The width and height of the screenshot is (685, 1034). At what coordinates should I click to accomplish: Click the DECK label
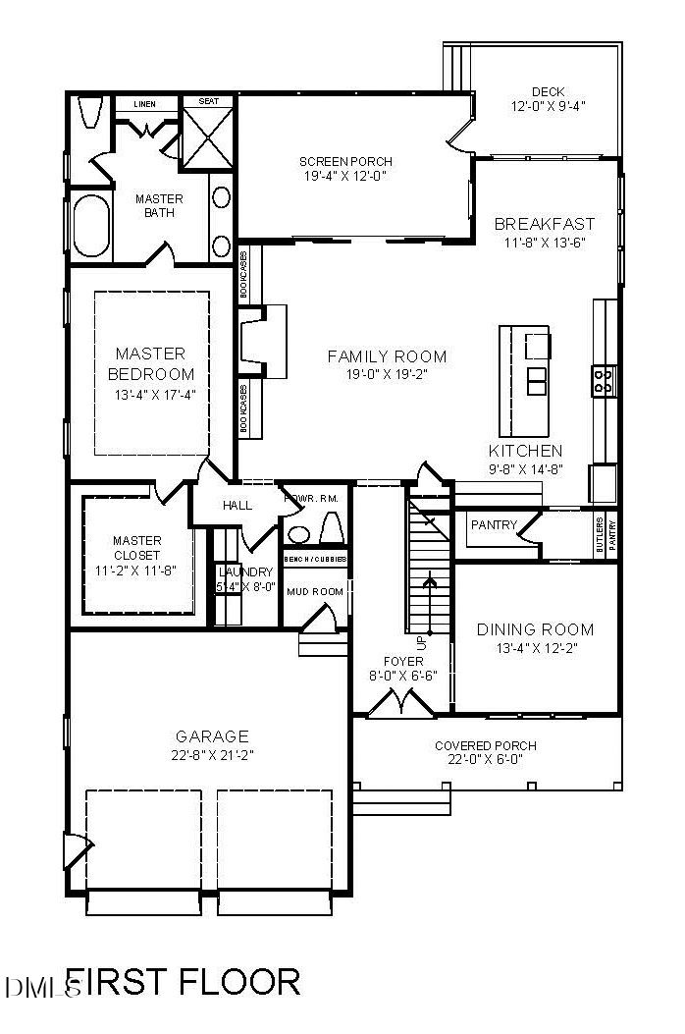pos(548,91)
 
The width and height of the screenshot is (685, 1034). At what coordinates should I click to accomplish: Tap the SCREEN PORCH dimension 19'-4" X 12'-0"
pos(345,177)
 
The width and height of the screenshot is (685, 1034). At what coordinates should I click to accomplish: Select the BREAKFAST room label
pos(544,224)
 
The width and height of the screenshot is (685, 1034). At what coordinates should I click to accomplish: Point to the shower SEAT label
pos(208,101)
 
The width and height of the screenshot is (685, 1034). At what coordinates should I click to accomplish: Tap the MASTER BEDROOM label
pos(150,363)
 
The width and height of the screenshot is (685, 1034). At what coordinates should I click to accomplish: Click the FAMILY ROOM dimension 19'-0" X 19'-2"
pos(387,374)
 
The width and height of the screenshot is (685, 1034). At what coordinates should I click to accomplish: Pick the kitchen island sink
pos(537,380)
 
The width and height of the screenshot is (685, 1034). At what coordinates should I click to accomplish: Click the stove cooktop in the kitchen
pos(603,379)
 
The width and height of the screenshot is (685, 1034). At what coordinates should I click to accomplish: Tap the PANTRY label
pos(493,525)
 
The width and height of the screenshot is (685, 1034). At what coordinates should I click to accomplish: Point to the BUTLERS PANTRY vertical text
pos(606,534)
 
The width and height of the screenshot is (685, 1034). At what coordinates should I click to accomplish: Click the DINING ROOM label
pos(535,629)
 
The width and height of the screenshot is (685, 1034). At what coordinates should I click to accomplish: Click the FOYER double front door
pos(401,702)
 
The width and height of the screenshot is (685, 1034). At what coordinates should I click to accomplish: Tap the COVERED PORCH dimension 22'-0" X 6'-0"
pos(485,759)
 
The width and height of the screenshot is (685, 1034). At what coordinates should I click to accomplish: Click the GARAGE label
pos(212,735)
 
